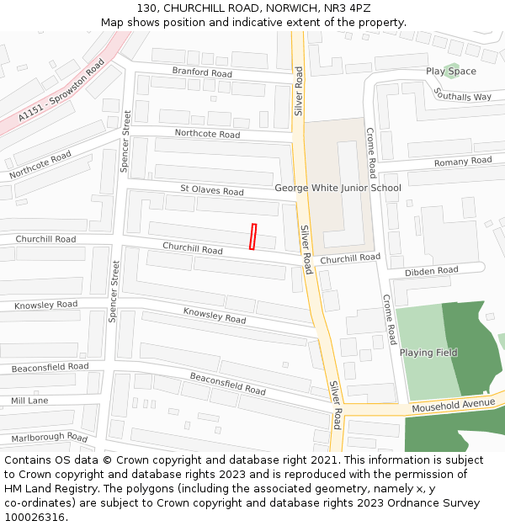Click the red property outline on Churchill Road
(252, 236)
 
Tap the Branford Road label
(202, 72)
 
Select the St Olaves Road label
(212, 191)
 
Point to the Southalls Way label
(463, 97)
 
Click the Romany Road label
(463, 161)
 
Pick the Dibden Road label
(431, 271)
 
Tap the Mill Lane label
(29, 401)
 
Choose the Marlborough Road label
(50, 438)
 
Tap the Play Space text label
(450, 72)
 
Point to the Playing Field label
(428, 353)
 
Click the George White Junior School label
(338, 188)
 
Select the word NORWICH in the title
(277, 8)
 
